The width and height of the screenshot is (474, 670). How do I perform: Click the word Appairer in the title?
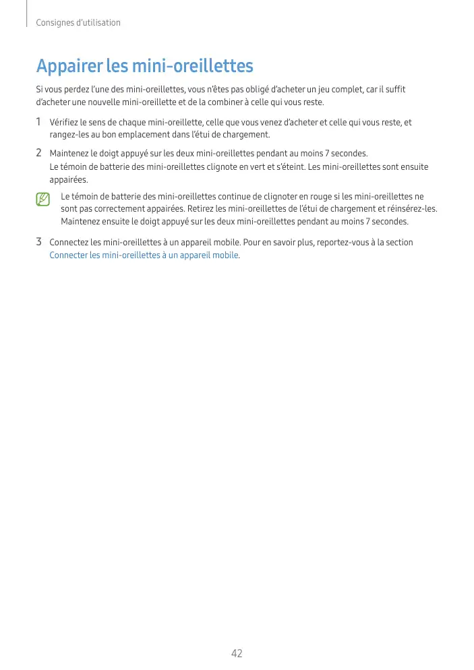coord(69,67)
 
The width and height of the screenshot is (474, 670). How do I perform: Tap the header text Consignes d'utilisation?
coord(78,23)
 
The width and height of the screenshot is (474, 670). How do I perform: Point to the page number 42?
coord(237,653)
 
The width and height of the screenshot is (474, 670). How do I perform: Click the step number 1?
coord(39,123)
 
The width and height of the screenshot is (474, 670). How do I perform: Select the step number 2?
coord(39,153)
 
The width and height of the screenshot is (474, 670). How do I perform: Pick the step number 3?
coord(39,242)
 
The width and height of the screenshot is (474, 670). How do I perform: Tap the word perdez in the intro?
coord(78,90)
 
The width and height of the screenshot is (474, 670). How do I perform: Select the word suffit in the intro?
coord(395,90)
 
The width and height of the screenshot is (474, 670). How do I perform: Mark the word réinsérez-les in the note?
coord(414,209)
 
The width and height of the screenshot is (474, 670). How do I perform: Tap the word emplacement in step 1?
coord(139,135)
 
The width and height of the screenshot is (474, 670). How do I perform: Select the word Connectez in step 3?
coord(69,242)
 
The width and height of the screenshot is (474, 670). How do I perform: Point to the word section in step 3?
coord(399,242)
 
